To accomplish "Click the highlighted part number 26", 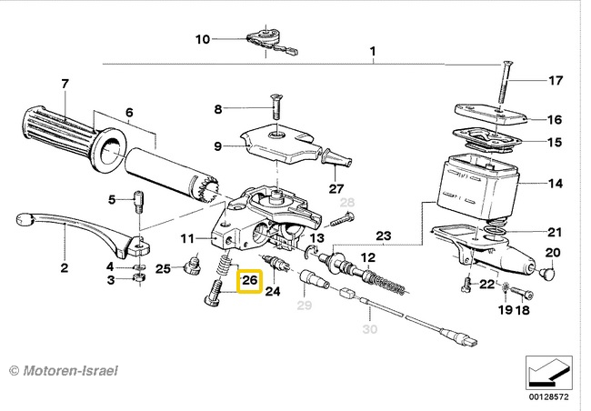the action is pyautogui.click(x=249, y=281).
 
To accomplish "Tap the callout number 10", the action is pyautogui.click(x=203, y=39).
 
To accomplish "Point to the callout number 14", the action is pyautogui.click(x=555, y=184).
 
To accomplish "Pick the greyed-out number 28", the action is pyautogui.click(x=347, y=203).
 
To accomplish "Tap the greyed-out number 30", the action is pyautogui.click(x=370, y=329).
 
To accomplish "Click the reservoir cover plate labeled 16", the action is pyautogui.click(x=490, y=114).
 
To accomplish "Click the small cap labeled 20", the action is pyautogui.click(x=546, y=272).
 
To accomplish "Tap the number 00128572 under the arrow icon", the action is pyautogui.click(x=549, y=396).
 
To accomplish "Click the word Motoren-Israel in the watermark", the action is pyautogui.click(x=71, y=371).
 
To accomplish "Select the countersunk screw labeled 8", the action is pyautogui.click(x=275, y=107).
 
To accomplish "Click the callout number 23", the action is pyautogui.click(x=384, y=236).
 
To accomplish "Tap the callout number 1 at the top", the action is pyautogui.click(x=373, y=51).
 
